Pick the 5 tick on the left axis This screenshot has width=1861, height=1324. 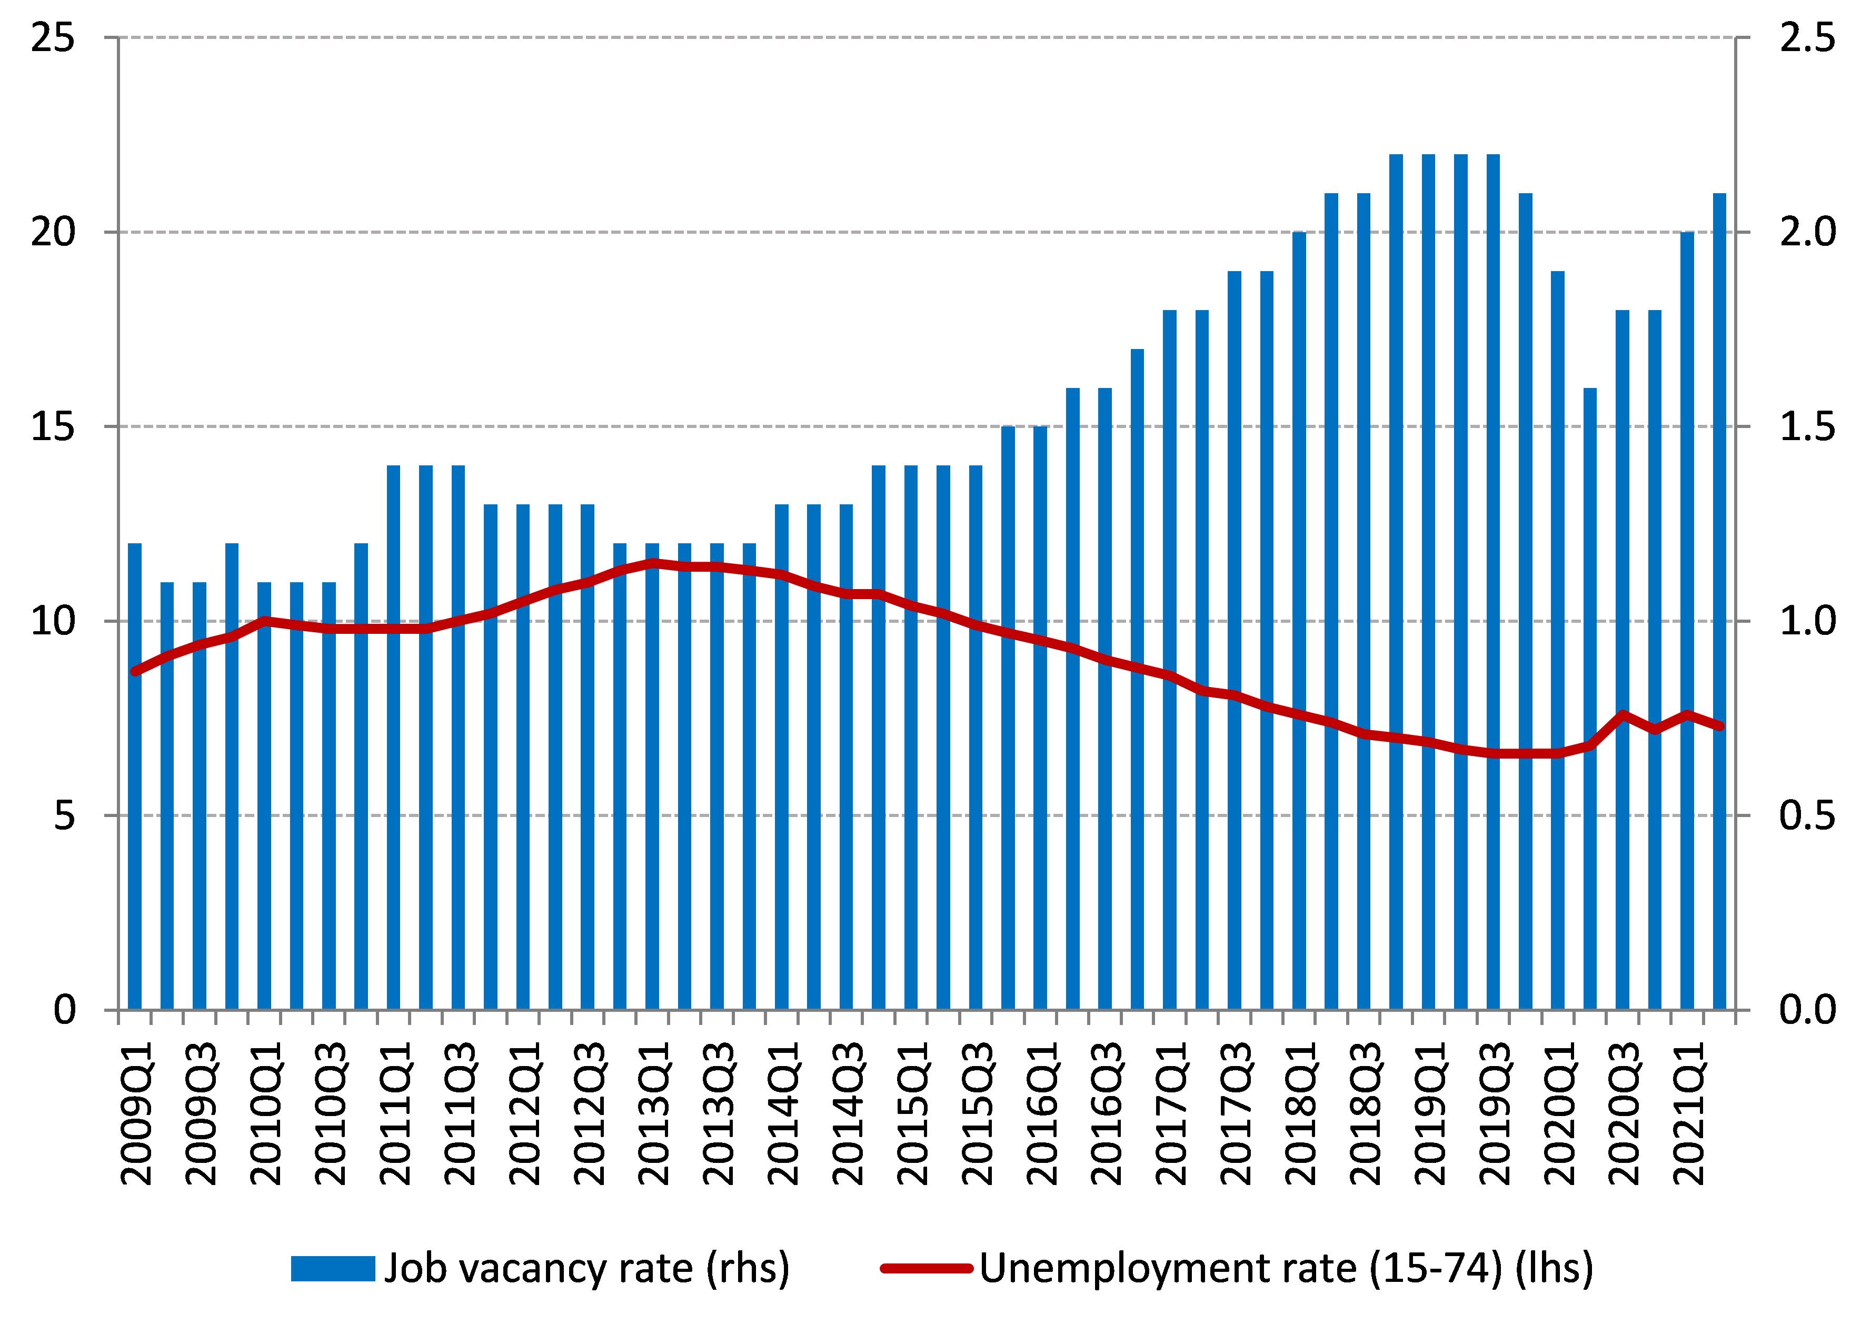click(64, 815)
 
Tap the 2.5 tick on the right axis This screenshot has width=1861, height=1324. click(1806, 38)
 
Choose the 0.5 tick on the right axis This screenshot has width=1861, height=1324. click(1806, 815)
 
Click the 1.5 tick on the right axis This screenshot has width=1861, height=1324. click(1806, 426)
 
